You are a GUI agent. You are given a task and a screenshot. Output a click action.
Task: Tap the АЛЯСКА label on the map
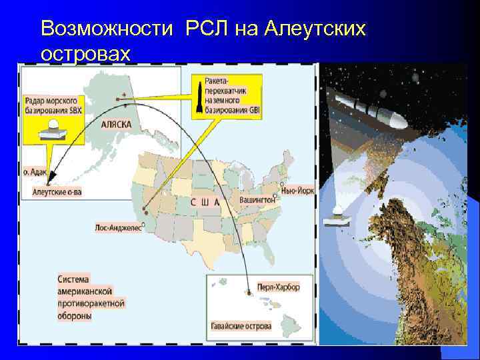(x=116, y=125)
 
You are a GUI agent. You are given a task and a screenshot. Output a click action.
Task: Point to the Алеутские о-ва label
(x=57, y=191)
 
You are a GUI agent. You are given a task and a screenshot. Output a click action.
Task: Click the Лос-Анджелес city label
(x=117, y=227)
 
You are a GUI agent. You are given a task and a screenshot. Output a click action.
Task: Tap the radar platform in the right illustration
(x=337, y=217)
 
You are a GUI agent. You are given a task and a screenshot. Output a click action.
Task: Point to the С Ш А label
(x=205, y=202)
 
